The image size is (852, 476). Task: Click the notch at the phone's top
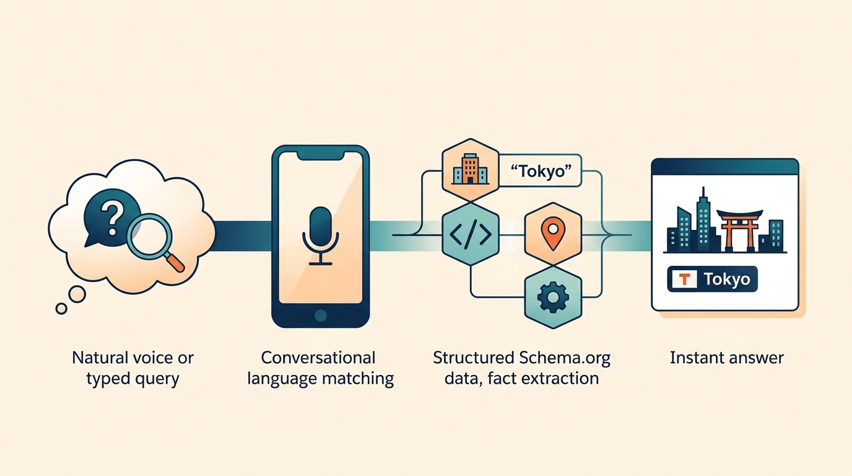[320, 156]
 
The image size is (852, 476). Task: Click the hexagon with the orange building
[470, 168]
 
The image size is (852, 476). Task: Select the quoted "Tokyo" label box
[541, 170]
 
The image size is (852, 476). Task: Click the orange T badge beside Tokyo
[684, 280]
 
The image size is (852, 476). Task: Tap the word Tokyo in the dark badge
[727, 280]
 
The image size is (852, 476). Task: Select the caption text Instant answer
[727, 358]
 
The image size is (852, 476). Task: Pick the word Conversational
[318, 358]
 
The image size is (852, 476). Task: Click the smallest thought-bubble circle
[61, 308]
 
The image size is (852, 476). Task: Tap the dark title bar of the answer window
[724, 166]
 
